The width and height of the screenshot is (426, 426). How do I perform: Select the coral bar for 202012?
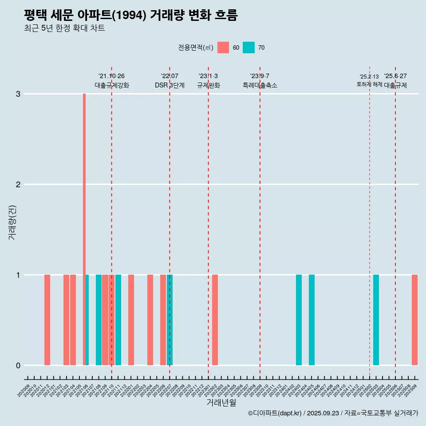(47, 320)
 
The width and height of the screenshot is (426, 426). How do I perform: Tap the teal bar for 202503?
(376, 320)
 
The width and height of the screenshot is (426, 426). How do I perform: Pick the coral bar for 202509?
(414, 320)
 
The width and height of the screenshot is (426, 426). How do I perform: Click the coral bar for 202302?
(215, 320)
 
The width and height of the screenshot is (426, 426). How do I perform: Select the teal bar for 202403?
(299, 320)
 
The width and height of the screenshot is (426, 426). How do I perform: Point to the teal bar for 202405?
(312, 320)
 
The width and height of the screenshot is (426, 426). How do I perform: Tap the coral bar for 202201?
(131, 320)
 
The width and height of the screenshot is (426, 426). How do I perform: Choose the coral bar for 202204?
(150, 320)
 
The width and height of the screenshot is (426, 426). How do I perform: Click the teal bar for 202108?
(99, 320)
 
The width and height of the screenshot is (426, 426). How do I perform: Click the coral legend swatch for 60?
(223, 47)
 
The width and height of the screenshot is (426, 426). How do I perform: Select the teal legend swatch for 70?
(248, 47)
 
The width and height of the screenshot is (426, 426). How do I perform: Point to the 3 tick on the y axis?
(18, 94)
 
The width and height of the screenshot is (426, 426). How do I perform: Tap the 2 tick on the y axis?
(18, 185)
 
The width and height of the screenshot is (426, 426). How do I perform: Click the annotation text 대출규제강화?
(111, 86)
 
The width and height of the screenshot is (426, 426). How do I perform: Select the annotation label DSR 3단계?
(170, 86)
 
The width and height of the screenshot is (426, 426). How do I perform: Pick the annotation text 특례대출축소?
(260, 86)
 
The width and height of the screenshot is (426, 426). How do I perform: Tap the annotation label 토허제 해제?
(369, 84)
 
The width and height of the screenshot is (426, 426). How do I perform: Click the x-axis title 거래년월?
(221, 402)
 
